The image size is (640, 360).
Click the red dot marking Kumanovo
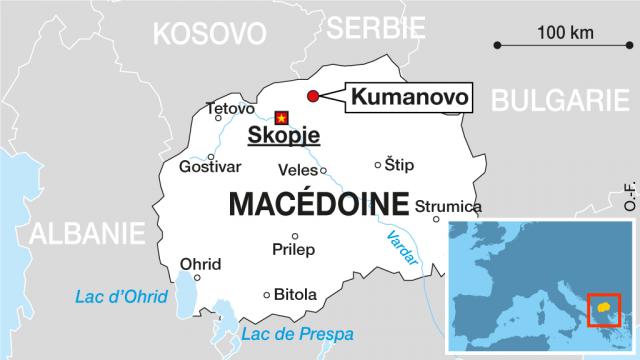coord(312,96)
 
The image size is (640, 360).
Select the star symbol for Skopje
coord(281,116)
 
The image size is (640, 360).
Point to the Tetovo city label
coord(229,108)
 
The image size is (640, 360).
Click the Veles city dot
coord(322,170)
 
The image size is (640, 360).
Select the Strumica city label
coord(447,206)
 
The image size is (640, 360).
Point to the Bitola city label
coord(295,295)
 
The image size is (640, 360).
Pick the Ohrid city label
coord(200,264)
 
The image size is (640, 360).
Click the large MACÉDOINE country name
coord(318,204)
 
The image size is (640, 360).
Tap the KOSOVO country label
coord(210,34)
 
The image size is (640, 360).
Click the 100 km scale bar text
coord(565,31)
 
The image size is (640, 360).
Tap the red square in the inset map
coord(604,312)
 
